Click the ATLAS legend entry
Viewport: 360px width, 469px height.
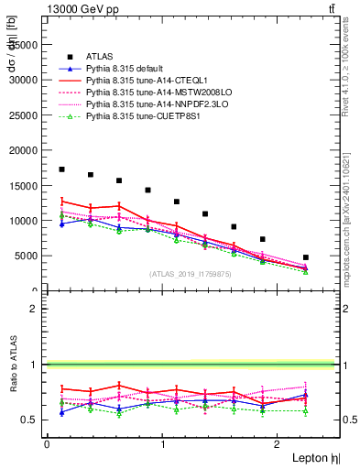point(99,57)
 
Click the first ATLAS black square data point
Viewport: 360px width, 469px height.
point(61,169)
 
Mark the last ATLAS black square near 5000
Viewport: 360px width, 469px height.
point(305,257)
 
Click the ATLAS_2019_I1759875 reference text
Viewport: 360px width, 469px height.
point(190,273)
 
